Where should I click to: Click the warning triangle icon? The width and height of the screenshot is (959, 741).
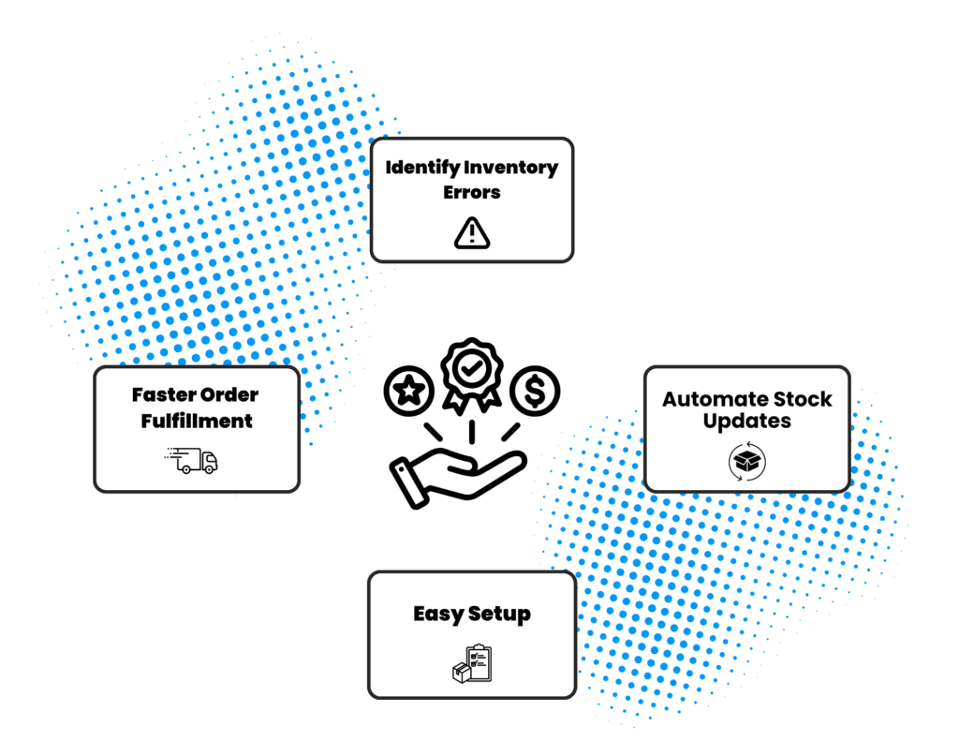pos(472,232)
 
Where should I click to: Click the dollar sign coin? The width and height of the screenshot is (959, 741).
pos(535,390)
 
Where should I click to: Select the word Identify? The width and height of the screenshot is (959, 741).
pos(420,169)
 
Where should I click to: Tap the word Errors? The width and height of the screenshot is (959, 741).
pos(472,192)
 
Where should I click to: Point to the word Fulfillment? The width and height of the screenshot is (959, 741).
pos(197,421)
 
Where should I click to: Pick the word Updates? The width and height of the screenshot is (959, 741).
pos(747,422)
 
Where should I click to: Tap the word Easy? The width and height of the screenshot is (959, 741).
pos(438,615)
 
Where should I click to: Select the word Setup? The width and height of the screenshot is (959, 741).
pos(499,615)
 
